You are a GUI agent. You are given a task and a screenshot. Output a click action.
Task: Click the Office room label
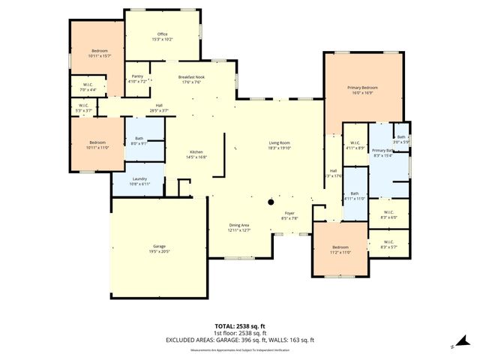click(x=162, y=34)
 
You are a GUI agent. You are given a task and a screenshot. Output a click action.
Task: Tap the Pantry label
click(x=137, y=76)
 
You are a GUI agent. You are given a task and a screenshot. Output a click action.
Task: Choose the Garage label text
click(x=159, y=248)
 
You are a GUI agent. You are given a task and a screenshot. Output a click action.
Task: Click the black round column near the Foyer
click(x=271, y=202)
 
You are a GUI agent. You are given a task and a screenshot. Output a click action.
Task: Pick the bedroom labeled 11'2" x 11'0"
click(x=340, y=250)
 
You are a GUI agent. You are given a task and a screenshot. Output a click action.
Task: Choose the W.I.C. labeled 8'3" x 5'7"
click(x=388, y=244)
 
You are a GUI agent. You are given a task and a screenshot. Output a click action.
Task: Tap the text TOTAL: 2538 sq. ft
click(x=239, y=326)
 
